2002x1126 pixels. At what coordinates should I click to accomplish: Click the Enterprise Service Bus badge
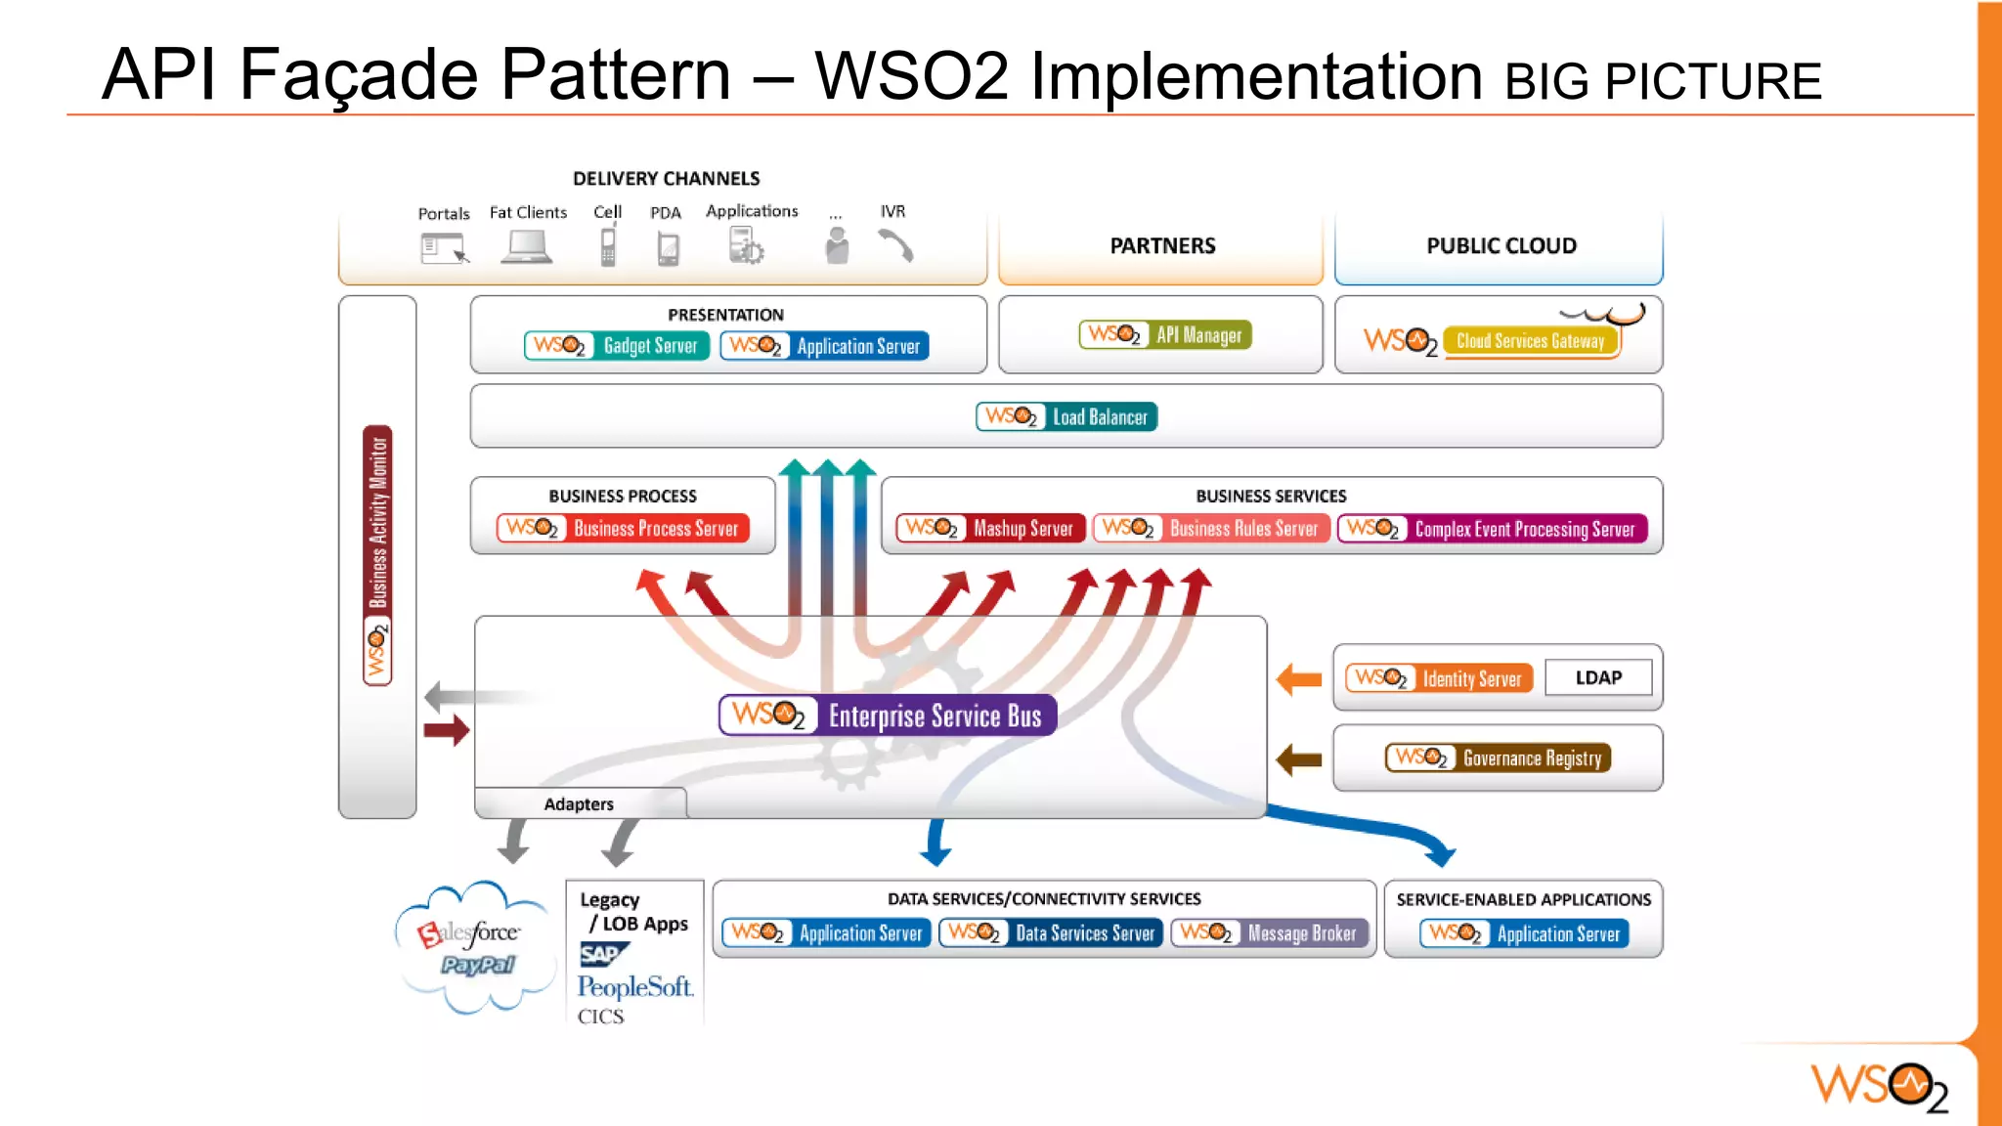pos(888,715)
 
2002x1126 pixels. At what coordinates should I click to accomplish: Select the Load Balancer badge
pos(1066,417)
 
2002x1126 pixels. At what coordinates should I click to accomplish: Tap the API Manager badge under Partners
pos(1165,335)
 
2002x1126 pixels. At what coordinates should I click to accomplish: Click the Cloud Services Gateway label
pos(1530,341)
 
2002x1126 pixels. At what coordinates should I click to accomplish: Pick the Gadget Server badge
pos(616,346)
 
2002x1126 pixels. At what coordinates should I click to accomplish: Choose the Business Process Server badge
pos(623,529)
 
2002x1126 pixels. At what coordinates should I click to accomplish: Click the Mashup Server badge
pos(990,529)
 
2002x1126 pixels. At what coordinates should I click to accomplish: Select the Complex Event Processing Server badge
pos(1493,529)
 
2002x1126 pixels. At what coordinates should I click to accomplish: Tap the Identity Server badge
pos(1439,678)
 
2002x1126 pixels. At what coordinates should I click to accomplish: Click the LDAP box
pos(1598,677)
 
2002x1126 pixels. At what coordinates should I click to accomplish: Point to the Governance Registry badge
pos(1498,758)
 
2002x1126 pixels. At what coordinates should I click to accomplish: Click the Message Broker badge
pos(1269,933)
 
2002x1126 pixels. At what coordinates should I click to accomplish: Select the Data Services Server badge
pos(1051,933)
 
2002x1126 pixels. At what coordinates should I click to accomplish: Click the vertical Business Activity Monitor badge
pos(377,555)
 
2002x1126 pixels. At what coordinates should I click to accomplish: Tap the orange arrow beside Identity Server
pos(1299,679)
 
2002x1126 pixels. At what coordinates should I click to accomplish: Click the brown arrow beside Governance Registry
pos(1299,759)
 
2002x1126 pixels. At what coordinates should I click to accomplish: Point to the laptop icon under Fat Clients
pos(526,247)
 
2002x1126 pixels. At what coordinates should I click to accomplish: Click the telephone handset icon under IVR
pos(895,246)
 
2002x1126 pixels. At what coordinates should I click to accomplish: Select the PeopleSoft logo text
pos(634,986)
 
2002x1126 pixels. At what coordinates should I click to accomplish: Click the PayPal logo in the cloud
pos(477,966)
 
